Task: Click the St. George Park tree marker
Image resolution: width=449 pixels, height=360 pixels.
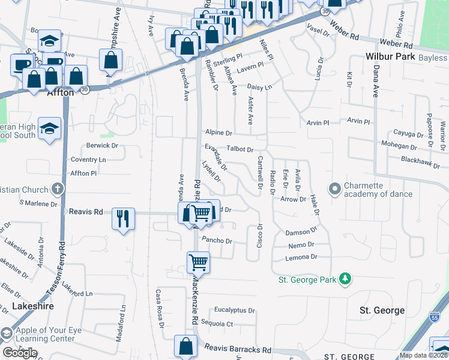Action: tap(345, 279)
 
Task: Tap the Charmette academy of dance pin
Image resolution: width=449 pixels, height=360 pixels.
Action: tap(334, 189)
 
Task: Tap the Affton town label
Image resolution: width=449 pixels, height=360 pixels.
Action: tap(60, 93)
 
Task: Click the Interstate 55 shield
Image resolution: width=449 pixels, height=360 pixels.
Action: tap(435, 316)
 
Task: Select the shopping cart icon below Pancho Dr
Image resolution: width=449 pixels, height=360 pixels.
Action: tap(198, 262)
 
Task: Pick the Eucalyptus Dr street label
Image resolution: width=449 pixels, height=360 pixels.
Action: tap(235, 311)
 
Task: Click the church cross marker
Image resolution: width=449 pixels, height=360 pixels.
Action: tap(57, 190)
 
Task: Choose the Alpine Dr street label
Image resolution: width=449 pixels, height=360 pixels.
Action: tap(218, 133)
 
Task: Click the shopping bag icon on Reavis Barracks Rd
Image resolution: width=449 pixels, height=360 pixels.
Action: tap(185, 346)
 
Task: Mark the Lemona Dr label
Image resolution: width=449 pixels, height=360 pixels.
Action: tap(302, 257)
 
